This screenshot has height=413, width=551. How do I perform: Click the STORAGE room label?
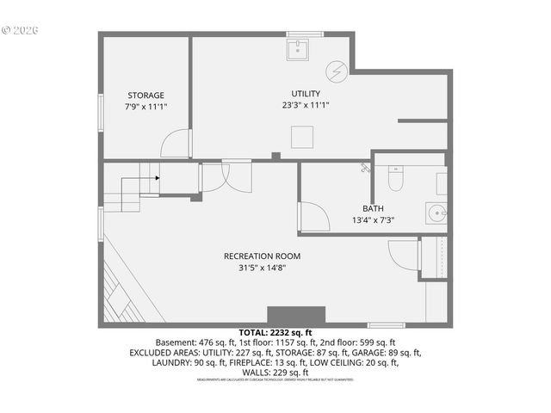click(x=145, y=96)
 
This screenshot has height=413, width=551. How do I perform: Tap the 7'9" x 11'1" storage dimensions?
click(x=145, y=107)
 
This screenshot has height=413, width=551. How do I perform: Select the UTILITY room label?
click(x=306, y=94)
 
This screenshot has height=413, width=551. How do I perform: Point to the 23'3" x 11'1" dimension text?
click(x=306, y=105)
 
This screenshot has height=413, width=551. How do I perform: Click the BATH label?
click(x=373, y=208)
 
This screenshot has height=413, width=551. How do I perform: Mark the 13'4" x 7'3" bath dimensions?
click(x=373, y=220)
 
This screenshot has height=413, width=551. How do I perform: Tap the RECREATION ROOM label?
click(x=262, y=256)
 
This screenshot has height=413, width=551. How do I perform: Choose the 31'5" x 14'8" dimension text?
click(x=262, y=268)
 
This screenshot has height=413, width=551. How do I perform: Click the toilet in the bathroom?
click(x=396, y=180)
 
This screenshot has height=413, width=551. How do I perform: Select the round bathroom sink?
click(x=436, y=213)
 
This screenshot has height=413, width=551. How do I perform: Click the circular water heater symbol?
click(x=337, y=70)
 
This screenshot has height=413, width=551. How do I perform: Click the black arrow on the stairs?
click(x=156, y=178)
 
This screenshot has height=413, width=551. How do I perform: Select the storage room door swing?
click(x=177, y=144)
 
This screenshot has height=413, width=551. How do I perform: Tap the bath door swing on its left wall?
click(x=313, y=217)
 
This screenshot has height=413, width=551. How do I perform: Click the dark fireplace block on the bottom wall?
click(x=296, y=315)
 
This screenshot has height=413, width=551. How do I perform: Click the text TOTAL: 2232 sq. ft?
click(x=275, y=331)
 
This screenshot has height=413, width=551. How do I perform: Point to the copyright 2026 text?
click(x=21, y=29)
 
